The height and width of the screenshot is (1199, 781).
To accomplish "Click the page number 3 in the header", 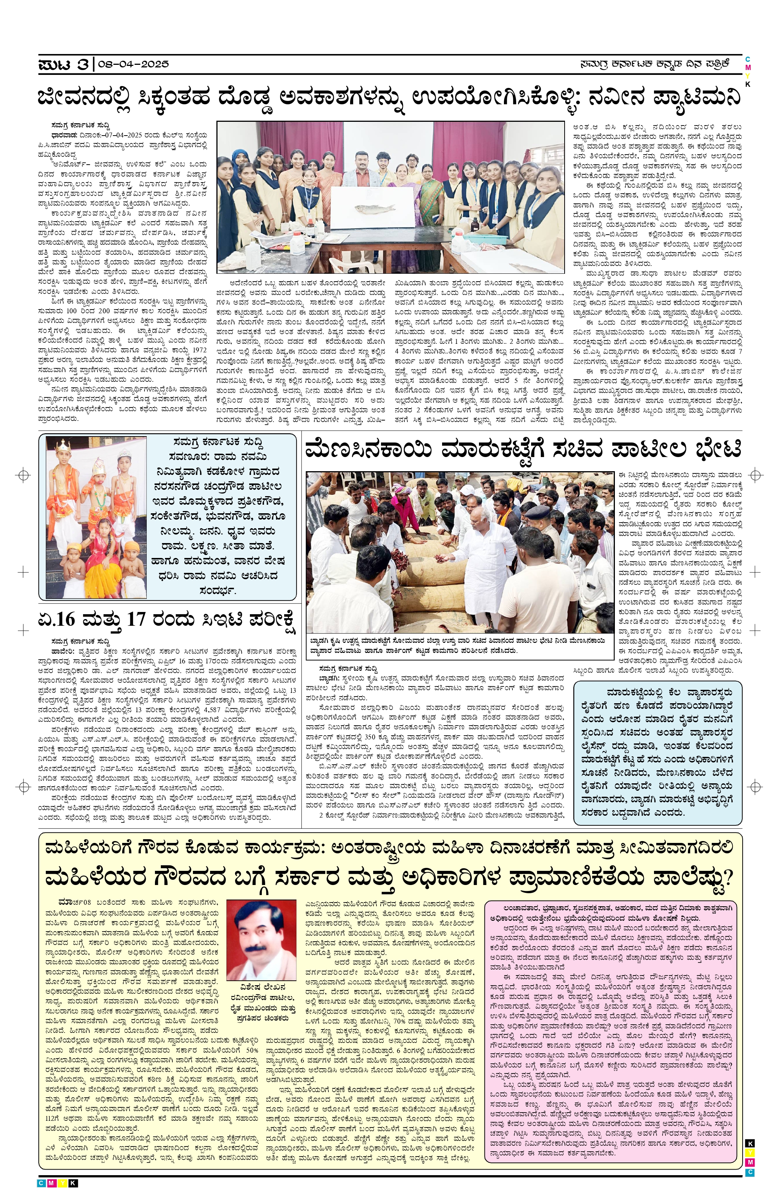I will (x=83, y=64).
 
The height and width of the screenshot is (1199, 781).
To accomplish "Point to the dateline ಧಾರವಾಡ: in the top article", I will (x=63, y=135).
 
